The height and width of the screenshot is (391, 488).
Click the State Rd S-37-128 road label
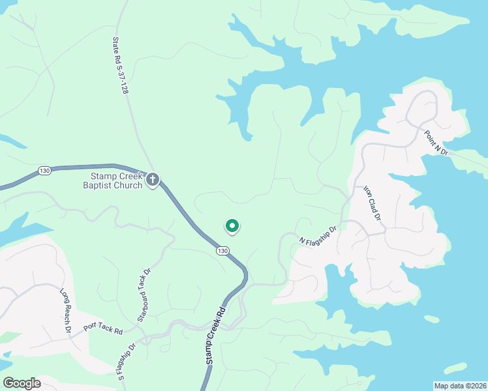(x=119, y=65)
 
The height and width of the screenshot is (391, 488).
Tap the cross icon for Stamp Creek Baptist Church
(x=153, y=179)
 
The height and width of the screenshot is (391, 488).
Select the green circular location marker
(x=232, y=225)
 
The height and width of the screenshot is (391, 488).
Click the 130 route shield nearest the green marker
(x=223, y=251)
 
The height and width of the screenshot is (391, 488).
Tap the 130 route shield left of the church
(x=44, y=170)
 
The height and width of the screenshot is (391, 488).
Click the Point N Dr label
(x=436, y=142)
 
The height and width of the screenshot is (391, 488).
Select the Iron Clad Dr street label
(x=371, y=201)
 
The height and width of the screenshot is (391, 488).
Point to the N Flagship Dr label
(x=318, y=235)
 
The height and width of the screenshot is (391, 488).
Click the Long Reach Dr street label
(x=65, y=311)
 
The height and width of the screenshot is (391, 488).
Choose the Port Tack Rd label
(x=103, y=330)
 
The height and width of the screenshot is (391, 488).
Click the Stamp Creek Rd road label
(x=212, y=336)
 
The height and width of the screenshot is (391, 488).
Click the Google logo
(x=22, y=383)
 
